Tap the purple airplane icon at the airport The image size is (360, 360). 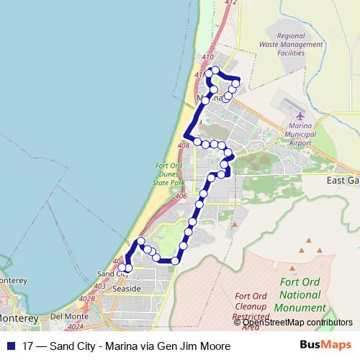coord(300,117)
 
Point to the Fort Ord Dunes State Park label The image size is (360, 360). coord(171,175)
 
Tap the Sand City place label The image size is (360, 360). coord(111,274)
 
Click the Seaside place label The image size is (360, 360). coord(122,288)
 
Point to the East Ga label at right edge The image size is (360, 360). coord(342,181)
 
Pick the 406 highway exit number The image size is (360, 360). coord(180,196)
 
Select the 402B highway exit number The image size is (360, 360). coord(87,299)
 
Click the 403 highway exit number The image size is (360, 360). coord(99,287)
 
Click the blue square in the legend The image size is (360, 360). coord(9,346)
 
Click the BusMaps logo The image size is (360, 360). coord(327,346)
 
